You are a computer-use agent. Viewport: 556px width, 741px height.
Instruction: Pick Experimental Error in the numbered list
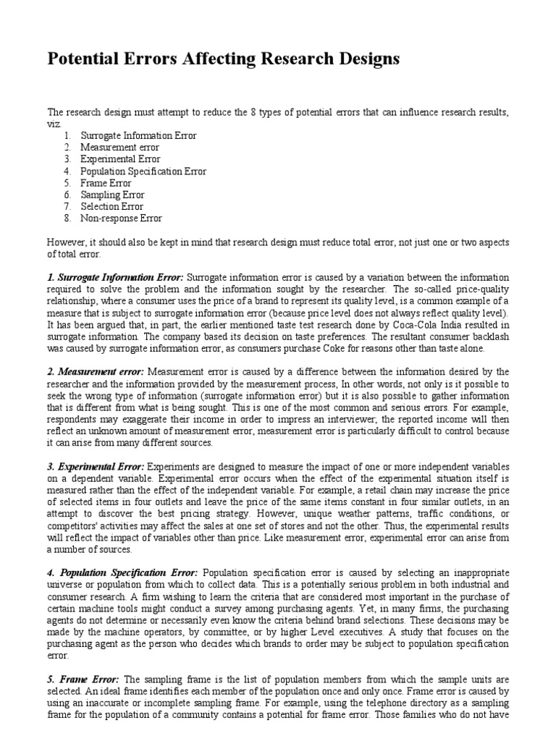(120, 159)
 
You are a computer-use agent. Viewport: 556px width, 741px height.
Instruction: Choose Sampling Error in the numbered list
(112, 195)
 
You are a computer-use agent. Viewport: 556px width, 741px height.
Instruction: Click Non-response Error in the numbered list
(121, 218)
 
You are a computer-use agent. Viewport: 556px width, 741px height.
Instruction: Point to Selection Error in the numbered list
(112, 206)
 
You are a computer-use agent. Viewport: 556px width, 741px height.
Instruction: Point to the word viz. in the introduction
(55, 124)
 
